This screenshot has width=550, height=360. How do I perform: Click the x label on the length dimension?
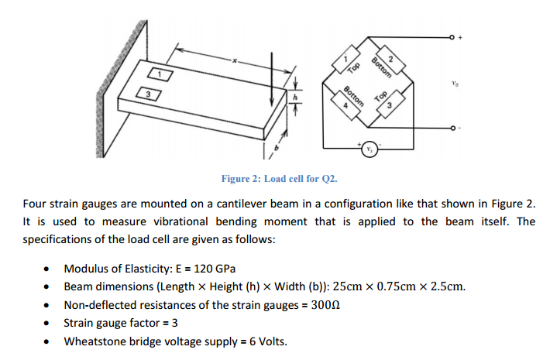pos(235,60)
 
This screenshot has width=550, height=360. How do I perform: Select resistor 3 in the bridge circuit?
pos(385,105)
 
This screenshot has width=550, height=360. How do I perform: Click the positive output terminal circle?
pos(451,37)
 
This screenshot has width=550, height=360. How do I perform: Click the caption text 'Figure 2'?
pos(241,179)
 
